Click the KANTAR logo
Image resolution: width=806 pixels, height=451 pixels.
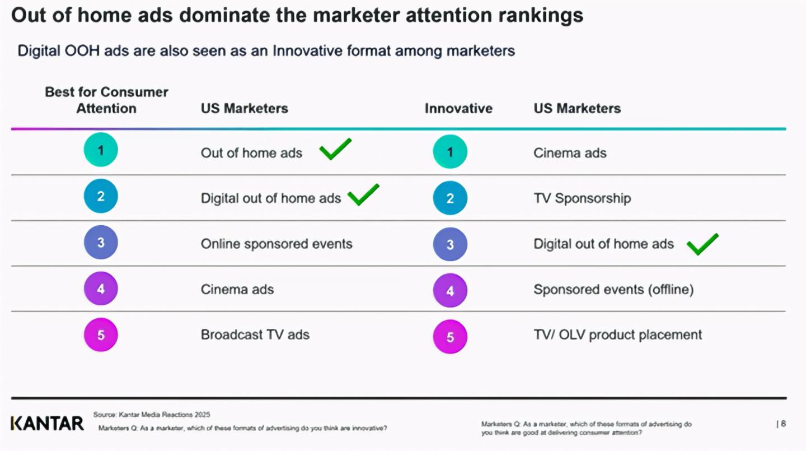(x=47, y=424)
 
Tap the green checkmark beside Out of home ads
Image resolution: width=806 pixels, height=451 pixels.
(x=335, y=149)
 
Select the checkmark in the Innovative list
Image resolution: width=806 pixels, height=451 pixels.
(x=702, y=244)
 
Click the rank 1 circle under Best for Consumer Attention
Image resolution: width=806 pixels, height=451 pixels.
(x=101, y=150)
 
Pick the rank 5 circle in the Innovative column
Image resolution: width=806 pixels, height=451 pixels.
(x=450, y=336)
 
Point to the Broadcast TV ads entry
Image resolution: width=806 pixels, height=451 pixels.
(x=255, y=335)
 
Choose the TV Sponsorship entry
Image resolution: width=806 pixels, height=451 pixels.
(x=582, y=198)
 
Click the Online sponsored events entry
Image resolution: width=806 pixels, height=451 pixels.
(x=277, y=244)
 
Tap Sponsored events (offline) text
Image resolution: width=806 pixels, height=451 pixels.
(x=613, y=290)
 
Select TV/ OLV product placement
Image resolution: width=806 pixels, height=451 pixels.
(x=617, y=335)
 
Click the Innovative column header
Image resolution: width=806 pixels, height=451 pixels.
(x=458, y=109)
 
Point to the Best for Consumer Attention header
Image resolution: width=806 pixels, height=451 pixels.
(x=106, y=100)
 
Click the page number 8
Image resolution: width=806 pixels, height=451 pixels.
(x=783, y=424)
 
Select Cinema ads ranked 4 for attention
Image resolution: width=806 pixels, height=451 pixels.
(x=237, y=290)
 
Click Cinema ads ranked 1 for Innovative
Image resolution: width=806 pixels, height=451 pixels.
(x=570, y=153)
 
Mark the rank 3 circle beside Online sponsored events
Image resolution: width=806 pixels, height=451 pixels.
(x=101, y=243)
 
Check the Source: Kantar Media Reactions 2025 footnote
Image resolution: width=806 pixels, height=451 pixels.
(x=152, y=415)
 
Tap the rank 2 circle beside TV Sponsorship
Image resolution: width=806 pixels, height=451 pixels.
(x=450, y=198)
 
